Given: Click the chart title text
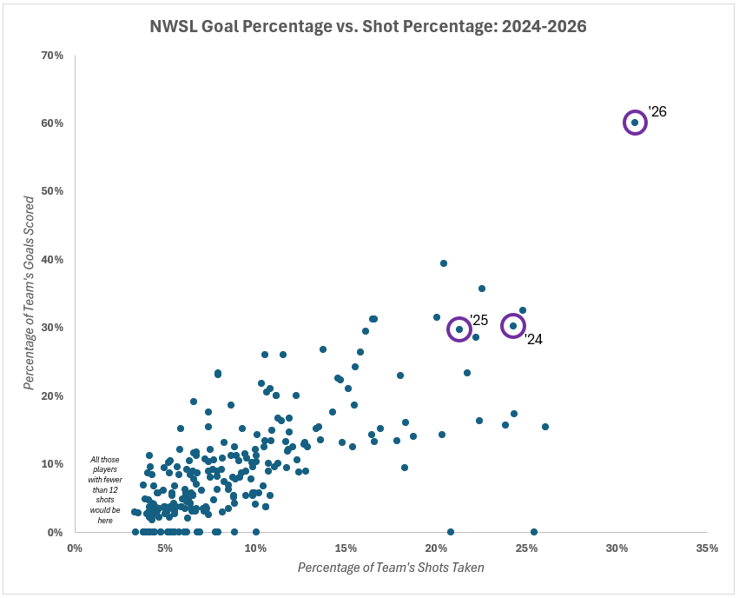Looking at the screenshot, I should [x=369, y=27].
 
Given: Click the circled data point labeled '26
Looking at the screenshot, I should [x=635, y=123].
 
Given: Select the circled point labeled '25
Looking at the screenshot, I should [x=459, y=329].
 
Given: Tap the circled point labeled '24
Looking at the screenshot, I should [x=513, y=326].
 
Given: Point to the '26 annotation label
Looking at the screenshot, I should [x=657, y=112].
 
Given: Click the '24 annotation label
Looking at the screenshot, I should [x=533, y=340].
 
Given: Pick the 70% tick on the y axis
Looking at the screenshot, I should [x=51, y=56].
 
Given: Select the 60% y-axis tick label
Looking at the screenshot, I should [x=51, y=123].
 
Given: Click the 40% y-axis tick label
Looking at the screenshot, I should [x=51, y=259].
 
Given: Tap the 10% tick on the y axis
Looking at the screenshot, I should [x=51, y=463].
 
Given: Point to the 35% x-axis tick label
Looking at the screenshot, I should [x=707, y=548].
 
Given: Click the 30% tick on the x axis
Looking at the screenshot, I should [x=617, y=548].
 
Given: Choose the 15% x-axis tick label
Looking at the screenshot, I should [x=346, y=548].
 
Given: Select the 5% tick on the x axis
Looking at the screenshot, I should [x=165, y=548].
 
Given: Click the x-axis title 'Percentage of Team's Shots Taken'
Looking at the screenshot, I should [x=391, y=568].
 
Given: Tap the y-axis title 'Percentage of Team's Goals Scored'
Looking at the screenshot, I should [x=30, y=293].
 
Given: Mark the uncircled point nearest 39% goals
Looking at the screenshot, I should [x=444, y=263].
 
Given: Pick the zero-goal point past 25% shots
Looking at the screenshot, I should [x=533, y=532].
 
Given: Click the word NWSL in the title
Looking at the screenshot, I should [x=174, y=27].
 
